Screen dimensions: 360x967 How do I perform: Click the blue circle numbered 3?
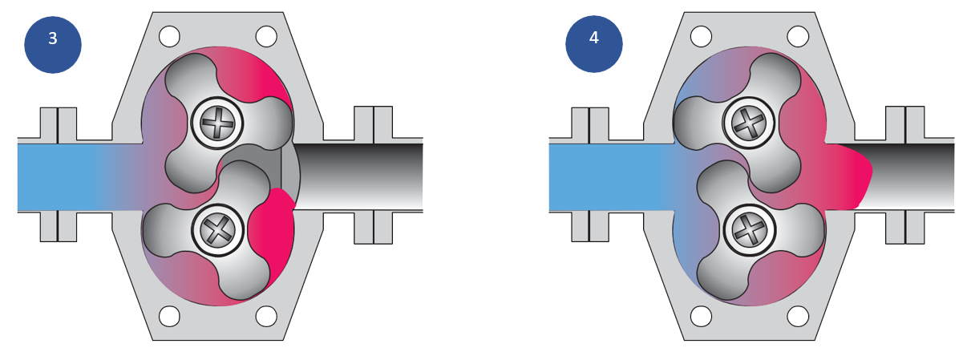pos(53,44)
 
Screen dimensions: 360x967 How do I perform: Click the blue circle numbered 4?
pos(593,44)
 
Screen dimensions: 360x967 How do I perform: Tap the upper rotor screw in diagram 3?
pos(217,123)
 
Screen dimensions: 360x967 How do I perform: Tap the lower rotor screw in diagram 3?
pos(217,231)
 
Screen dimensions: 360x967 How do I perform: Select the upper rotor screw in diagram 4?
pos(749,123)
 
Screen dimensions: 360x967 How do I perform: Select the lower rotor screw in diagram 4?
pos(750,230)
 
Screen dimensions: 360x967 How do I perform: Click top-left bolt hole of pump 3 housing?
pos(169,36)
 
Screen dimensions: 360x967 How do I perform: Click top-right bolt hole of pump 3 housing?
pos(266,36)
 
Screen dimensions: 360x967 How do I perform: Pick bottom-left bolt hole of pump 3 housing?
pos(169,316)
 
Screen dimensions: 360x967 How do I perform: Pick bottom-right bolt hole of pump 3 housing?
pos(266,316)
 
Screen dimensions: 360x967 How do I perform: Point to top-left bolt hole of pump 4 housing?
pos(701,36)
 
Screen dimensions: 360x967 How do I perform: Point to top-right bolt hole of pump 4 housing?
pos(798,36)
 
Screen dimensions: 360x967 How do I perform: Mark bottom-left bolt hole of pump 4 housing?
pos(701,316)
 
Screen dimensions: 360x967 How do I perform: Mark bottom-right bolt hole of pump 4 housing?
pos(798,316)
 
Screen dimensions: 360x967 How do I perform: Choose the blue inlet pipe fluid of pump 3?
pos(64,176)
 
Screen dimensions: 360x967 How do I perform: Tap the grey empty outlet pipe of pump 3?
pos(361,176)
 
